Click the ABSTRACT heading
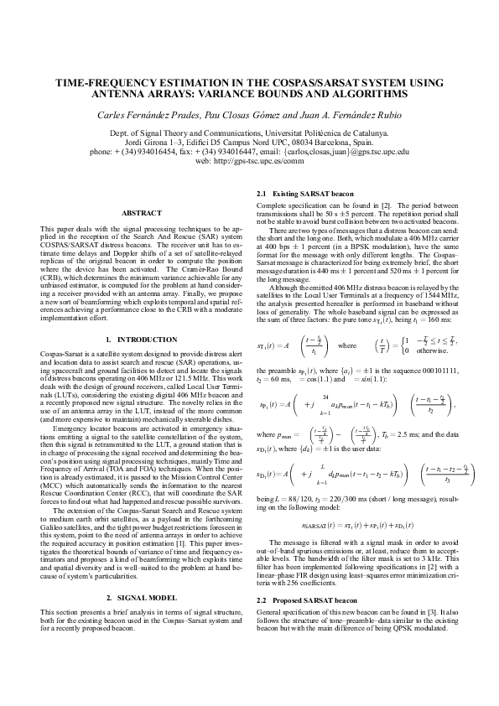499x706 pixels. [135, 213]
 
